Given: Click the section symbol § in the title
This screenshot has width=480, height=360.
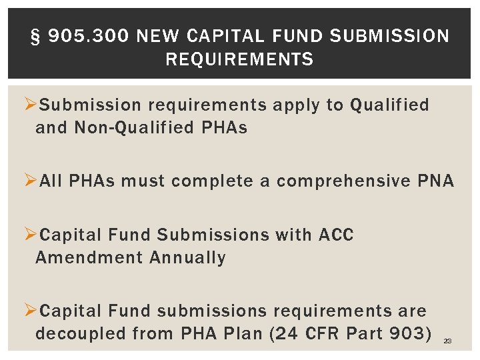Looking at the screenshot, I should (x=37, y=36).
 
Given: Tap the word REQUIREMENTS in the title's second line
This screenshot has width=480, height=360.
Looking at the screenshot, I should (x=239, y=60).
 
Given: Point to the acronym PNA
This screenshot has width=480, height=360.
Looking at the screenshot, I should (x=436, y=181).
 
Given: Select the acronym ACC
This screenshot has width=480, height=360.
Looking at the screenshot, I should (x=336, y=235).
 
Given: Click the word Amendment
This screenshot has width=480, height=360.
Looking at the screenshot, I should (x=89, y=257).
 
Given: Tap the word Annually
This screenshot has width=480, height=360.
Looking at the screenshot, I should (x=188, y=257).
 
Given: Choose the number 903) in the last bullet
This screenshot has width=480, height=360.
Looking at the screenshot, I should (x=410, y=333).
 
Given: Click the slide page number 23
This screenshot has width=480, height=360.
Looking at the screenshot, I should (x=447, y=341).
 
